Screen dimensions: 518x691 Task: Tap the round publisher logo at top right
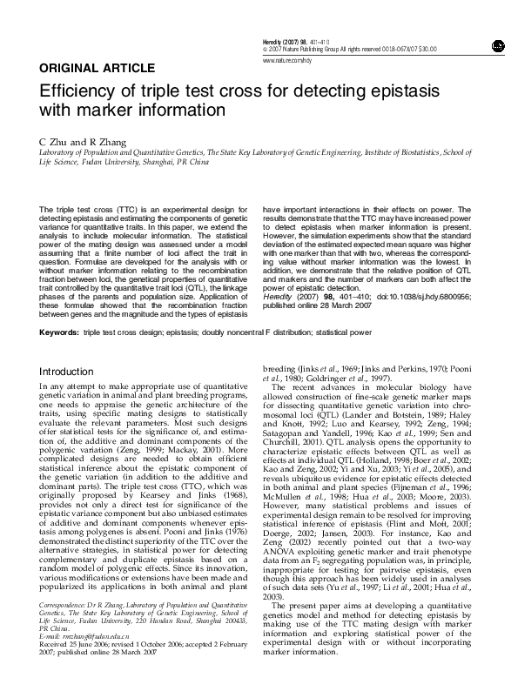point(497,45)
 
